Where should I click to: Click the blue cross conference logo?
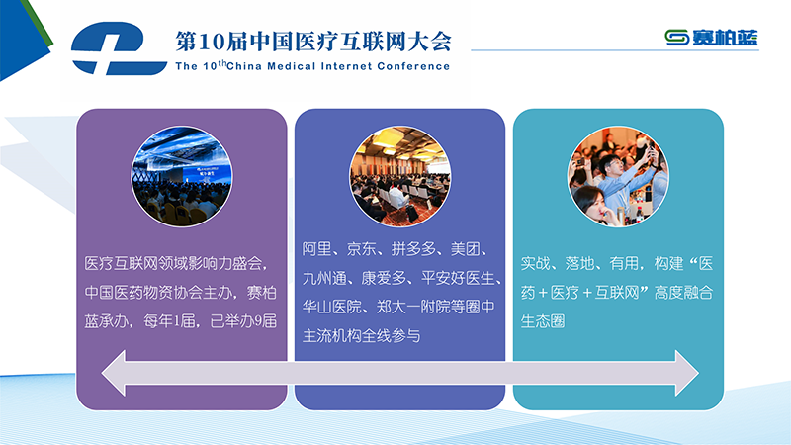click(119, 48)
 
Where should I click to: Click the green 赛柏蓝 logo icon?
click(676, 38)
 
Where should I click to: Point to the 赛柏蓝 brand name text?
click(725, 38)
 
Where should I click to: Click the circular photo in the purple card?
click(182, 176)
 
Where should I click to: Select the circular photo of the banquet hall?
click(400, 176)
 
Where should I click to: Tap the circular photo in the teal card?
click(618, 176)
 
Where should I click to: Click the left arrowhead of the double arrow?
click(114, 373)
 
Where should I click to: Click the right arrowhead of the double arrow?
click(686, 373)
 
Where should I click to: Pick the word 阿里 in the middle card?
click(316, 249)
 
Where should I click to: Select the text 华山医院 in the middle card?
click(331, 307)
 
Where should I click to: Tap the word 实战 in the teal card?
click(535, 263)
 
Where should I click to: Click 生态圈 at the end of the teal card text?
click(543, 320)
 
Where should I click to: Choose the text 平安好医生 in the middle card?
click(458, 278)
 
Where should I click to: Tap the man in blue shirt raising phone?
click(625, 179)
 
